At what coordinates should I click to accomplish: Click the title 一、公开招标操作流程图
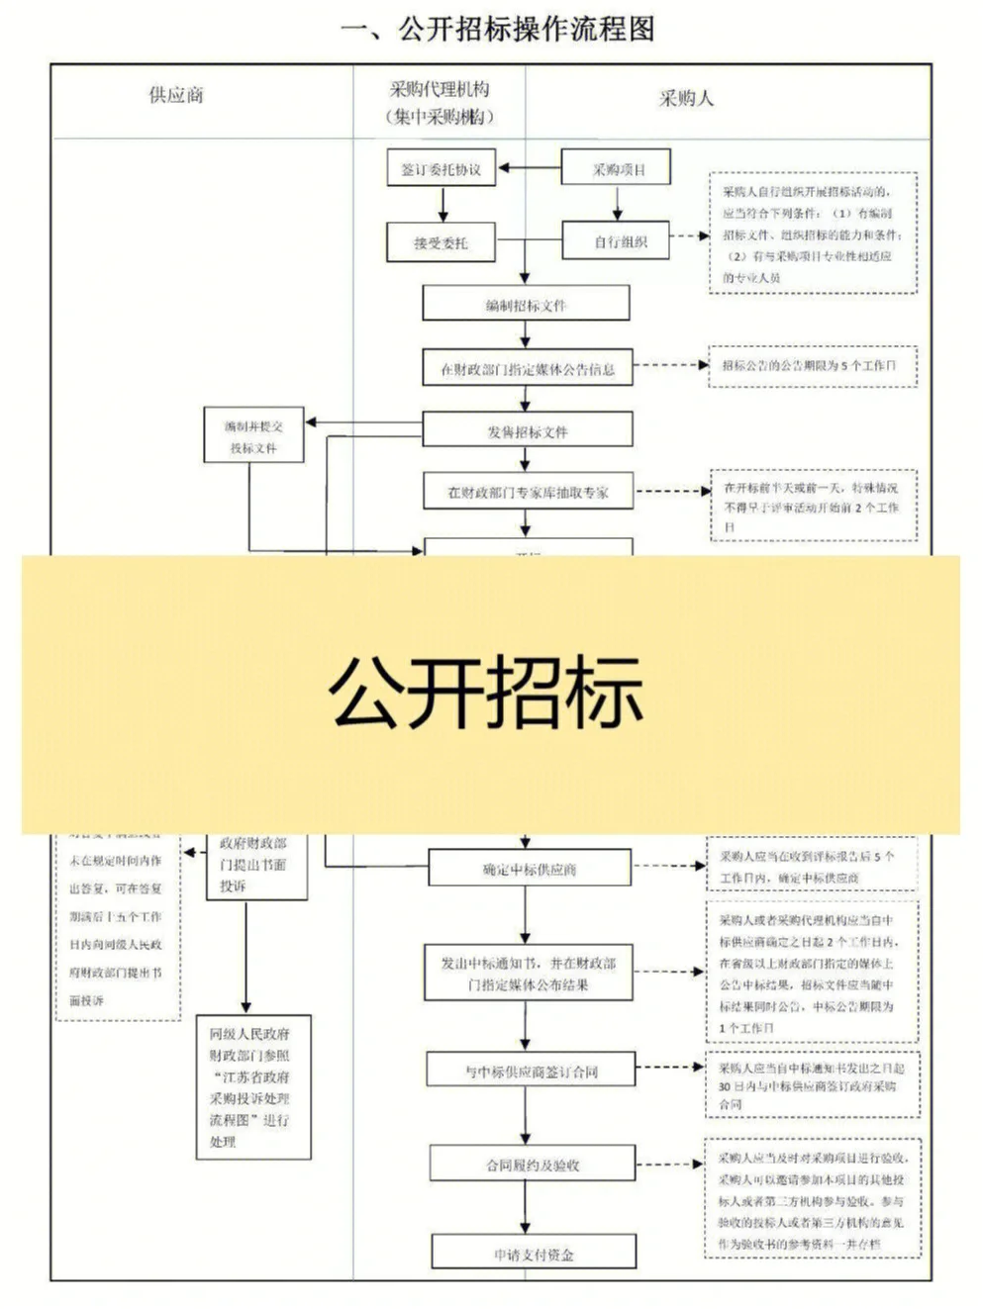pyautogui.click(x=497, y=30)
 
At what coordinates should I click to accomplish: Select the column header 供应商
pyautogui.click(x=176, y=96)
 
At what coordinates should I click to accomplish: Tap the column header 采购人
pyautogui.click(x=685, y=98)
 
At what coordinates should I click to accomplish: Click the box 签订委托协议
pyautogui.click(x=441, y=169)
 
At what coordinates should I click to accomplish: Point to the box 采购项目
pyautogui.click(x=618, y=169)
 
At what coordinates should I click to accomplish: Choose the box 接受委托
pyautogui.click(x=441, y=241)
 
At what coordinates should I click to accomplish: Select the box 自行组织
pyautogui.click(x=618, y=241)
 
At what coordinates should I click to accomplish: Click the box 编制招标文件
pyautogui.click(x=526, y=305)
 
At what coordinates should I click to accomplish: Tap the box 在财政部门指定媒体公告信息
pyautogui.click(x=527, y=368)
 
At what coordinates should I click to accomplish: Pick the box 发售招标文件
pyautogui.click(x=527, y=430)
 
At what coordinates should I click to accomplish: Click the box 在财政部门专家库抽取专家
pyautogui.click(x=527, y=492)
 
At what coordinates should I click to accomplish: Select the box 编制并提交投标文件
pyautogui.click(x=253, y=436)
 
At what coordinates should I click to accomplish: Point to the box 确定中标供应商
pyautogui.click(x=529, y=869)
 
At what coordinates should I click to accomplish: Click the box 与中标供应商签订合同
pyautogui.click(x=531, y=1071)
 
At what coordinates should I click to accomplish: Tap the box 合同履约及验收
pyautogui.click(x=532, y=1165)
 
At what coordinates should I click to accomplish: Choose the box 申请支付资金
pyautogui.click(x=534, y=1254)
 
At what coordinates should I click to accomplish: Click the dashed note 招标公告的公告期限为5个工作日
pyautogui.click(x=812, y=365)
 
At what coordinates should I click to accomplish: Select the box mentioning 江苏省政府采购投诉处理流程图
pyautogui.click(x=253, y=1086)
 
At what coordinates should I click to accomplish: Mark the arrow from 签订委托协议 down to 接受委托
pyautogui.click(x=442, y=204)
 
